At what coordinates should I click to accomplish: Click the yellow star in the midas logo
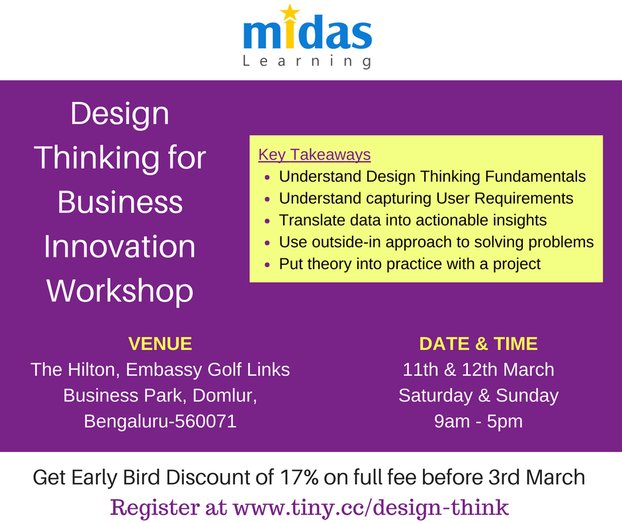click(x=290, y=13)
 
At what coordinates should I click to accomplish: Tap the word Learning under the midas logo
click(x=306, y=62)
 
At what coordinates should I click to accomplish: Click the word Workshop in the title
click(x=120, y=290)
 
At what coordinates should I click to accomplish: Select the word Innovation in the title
click(x=120, y=246)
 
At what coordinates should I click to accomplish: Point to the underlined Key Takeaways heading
click(x=314, y=155)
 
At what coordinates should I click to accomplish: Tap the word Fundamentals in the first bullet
click(x=532, y=177)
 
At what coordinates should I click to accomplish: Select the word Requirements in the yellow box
click(x=522, y=199)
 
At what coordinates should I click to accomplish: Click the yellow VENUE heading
click(x=160, y=344)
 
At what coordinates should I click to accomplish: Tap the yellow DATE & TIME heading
click(x=478, y=344)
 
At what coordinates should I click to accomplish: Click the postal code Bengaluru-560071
click(x=160, y=421)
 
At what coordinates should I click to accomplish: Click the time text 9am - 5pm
click(x=478, y=421)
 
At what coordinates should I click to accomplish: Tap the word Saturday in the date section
click(x=435, y=395)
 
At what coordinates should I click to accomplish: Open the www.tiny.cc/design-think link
click(x=371, y=507)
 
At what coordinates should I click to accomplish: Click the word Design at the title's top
click(x=120, y=114)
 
